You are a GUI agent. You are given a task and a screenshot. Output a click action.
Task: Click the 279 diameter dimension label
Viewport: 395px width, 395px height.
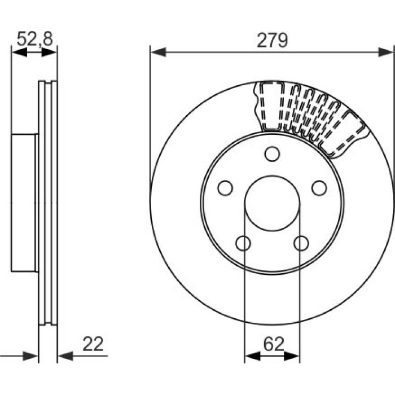coord(272,40)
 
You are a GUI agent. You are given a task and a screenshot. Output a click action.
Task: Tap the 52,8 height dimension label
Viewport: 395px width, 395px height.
coord(35,39)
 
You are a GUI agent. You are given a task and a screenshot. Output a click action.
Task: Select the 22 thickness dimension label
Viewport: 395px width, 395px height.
coord(93,344)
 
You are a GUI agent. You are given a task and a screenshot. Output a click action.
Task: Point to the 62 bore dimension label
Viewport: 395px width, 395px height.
coord(274,344)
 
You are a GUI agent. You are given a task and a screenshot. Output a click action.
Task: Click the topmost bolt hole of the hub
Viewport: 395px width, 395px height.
coord(272,154)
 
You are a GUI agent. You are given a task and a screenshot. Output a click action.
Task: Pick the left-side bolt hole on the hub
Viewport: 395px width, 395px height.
coord(225,188)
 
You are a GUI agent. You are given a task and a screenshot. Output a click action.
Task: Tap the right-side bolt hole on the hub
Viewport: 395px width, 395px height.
coord(319,188)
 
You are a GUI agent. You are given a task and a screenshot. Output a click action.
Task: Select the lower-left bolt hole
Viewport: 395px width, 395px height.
coord(243,243)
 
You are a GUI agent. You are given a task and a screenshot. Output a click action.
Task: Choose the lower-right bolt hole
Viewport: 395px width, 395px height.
coord(301,243)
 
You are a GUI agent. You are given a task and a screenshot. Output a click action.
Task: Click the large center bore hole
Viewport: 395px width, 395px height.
coord(272,203)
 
